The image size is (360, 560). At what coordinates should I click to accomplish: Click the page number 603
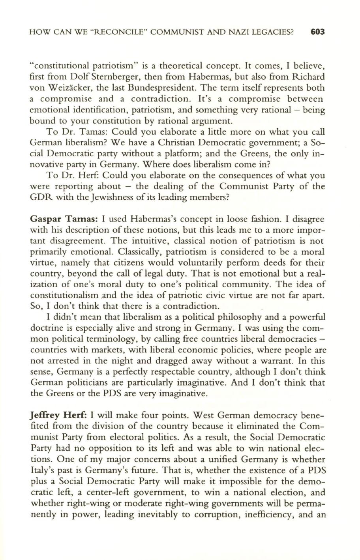317,32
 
